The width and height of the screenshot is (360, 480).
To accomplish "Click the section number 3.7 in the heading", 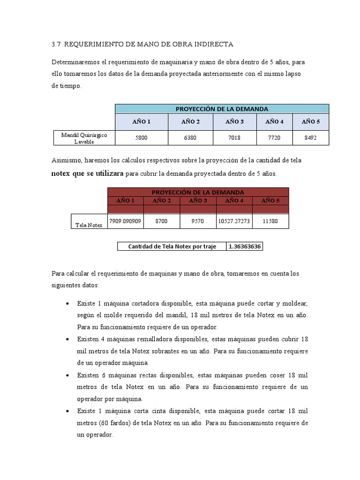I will click(x=56, y=45).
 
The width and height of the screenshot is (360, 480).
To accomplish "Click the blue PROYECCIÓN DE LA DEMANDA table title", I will click(x=222, y=109).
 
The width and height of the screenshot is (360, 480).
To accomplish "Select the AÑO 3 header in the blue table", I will click(x=234, y=122).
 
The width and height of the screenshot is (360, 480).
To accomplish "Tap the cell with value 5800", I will click(x=141, y=138).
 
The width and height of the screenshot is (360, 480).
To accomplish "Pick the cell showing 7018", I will click(x=234, y=138).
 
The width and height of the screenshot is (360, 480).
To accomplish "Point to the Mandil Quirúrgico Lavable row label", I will click(x=84, y=138).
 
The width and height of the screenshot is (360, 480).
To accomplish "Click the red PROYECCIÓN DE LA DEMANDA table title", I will click(x=198, y=192).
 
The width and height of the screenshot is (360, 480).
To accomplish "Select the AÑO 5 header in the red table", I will click(x=270, y=201).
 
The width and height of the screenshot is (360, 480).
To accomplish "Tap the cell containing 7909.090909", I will click(x=125, y=221).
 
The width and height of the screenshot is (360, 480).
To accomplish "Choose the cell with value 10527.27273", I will click(x=234, y=221).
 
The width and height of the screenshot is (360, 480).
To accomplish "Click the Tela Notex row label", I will click(x=89, y=225).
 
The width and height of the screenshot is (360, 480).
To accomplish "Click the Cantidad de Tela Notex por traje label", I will click(x=172, y=247).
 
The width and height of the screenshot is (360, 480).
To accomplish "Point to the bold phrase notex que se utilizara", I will click(x=87, y=173).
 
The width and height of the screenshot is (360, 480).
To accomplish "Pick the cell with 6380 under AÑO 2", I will click(x=190, y=138).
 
